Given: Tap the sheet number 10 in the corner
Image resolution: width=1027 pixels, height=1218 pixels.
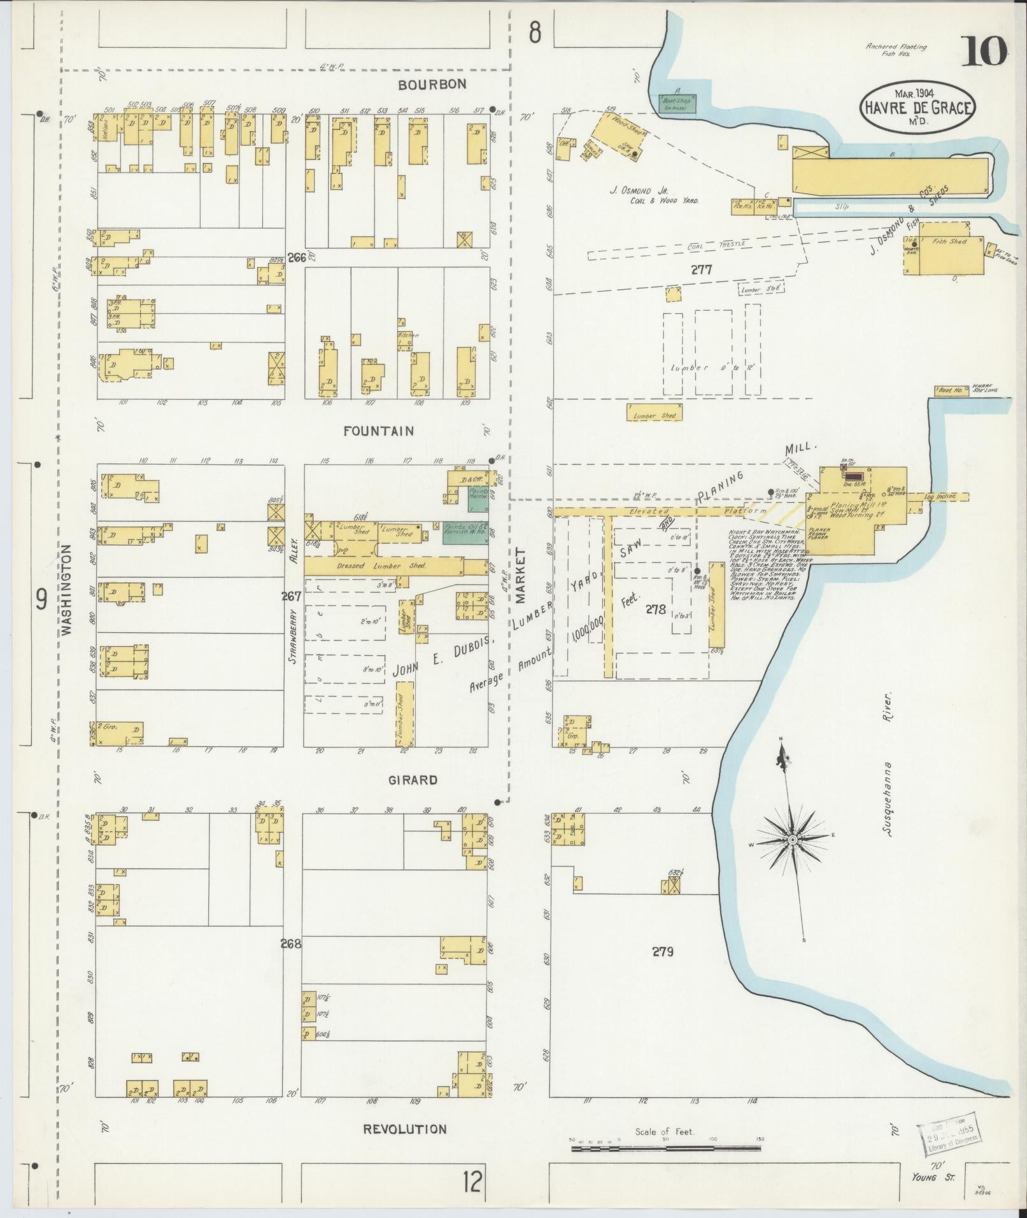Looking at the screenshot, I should click(984, 52).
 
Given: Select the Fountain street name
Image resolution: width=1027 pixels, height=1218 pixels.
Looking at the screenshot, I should click(378, 431).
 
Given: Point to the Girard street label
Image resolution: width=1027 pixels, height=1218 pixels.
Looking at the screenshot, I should click(414, 780).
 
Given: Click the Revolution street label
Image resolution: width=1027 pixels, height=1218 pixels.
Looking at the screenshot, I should click(404, 1129).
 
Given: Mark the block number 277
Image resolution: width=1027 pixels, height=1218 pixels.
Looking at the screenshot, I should click(702, 270).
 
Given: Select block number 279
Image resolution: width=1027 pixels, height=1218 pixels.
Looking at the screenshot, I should click(662, 952).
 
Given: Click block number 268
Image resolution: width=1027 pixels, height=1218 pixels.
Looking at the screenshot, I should click(291, 944).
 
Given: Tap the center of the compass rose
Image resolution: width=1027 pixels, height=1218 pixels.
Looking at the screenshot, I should click(793, 840).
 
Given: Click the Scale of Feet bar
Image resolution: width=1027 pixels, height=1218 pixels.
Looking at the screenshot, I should click(665, 1149).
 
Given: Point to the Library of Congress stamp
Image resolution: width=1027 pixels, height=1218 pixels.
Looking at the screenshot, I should click(948, 1135).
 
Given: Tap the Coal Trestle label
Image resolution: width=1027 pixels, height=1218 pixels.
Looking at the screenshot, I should click(704, 248).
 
